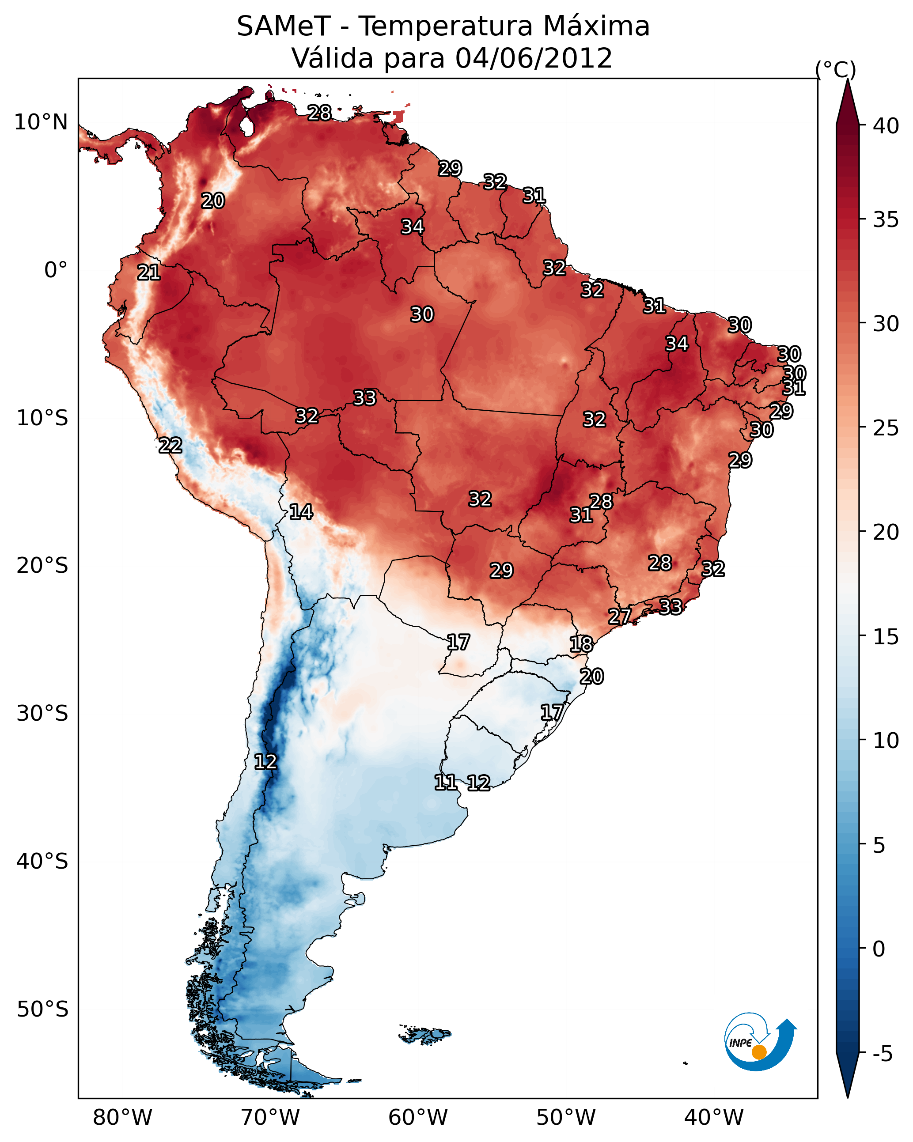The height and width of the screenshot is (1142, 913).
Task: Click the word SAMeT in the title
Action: coord(284,26)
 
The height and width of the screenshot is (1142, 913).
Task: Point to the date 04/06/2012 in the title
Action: coord(534,58)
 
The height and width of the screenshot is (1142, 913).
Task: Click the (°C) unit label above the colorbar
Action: coord(835,69)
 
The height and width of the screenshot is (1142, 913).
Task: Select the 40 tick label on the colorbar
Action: coord(886,126)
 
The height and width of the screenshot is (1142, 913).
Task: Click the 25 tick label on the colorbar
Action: coord(886,427)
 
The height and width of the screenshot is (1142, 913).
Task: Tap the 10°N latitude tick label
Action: coord(41,122)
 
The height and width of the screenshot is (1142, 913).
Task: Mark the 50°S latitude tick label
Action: coord(42,1010)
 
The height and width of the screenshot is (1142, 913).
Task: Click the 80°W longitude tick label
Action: coord(122,1118)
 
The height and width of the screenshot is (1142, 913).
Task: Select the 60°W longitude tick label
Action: coord(418,1118)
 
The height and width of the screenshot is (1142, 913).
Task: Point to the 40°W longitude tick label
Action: coord(714,1118)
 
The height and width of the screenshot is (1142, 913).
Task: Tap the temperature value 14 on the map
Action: coord(301,512)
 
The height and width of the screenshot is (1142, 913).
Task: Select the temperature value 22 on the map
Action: coord(170,446)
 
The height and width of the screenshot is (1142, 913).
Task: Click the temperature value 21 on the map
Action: coord(149,273)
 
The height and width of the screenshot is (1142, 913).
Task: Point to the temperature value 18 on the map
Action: coord(581,644)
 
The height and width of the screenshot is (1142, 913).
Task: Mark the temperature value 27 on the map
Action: coord(619,616)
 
